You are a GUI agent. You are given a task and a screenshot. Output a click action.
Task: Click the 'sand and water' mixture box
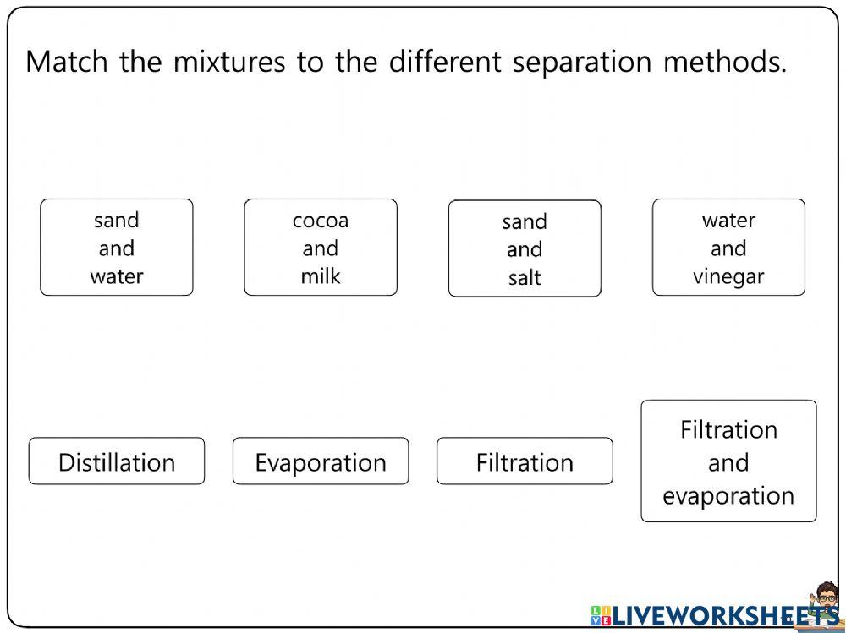point(117,248)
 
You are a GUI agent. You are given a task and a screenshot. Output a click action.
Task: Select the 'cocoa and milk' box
point(321,248)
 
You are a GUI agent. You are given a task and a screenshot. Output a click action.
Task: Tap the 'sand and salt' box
point(525,248)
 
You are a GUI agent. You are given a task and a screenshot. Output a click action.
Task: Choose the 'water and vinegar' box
point(728,248)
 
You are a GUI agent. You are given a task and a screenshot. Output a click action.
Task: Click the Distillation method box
point(117,461)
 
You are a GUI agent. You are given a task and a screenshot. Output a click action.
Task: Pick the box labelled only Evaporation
point(321,461)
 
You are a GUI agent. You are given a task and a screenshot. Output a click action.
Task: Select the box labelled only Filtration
point(525,461)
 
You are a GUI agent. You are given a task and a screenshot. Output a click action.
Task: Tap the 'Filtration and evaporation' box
point(728,461)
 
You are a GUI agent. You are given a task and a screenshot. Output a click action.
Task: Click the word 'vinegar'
point(728,276)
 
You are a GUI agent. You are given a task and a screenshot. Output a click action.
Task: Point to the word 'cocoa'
point(321,221)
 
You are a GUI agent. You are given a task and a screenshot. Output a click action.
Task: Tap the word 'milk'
point(321,276)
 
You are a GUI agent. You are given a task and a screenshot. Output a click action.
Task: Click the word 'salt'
point(525,277)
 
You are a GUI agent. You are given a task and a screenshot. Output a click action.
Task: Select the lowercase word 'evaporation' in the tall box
point(728,496)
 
